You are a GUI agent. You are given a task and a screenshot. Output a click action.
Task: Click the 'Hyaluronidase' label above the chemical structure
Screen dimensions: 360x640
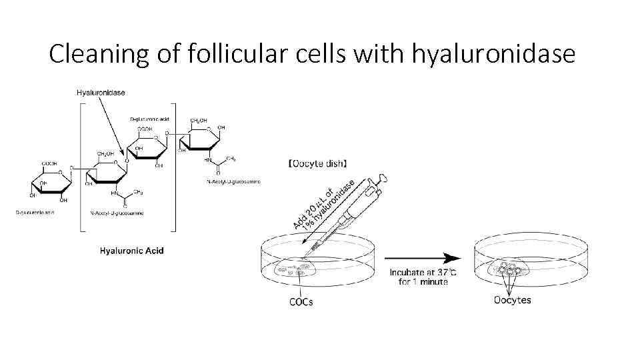pyautogui.click(x=101, y=91)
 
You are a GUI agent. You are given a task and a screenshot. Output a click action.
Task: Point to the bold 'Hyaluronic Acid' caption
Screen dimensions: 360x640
pyautogui.click(x=131, y=251)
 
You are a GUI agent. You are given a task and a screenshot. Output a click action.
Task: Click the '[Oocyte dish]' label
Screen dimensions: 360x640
pyautogui.click(x=317, y=163)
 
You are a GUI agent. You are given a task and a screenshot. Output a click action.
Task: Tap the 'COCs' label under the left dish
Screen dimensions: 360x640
pyautogui.click(x=301, y=301)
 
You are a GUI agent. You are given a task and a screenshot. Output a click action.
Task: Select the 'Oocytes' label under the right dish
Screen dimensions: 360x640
pyautogui.click(x=512, y=300)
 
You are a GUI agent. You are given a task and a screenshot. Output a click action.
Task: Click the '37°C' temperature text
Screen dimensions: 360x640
pyautogui.click(x=445, y=271)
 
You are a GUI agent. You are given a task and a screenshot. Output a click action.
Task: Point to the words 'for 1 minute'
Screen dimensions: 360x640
pyautogui.click(x=423, y=281)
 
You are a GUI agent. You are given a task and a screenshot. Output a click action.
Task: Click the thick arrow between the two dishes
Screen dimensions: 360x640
pyautogui.click(x=423, y=258)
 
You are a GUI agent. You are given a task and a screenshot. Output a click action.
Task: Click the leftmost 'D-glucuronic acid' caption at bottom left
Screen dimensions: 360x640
pyautogui.click(x=35, y=213)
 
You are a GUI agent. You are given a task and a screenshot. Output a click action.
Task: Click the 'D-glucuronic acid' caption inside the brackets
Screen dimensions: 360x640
pyautogui.click(x=150, y=119)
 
